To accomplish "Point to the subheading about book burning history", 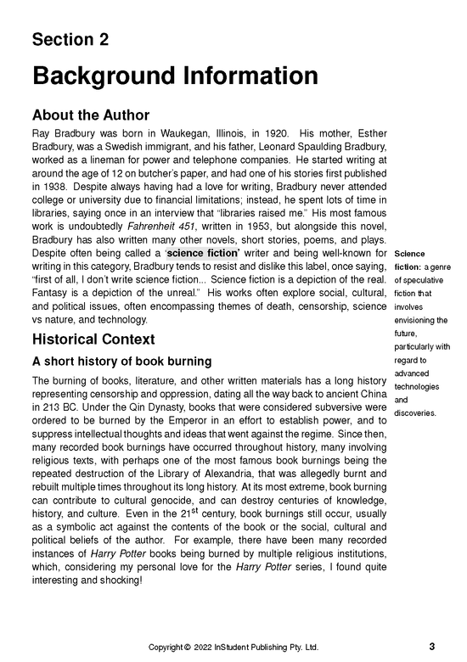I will (x=121, y=362).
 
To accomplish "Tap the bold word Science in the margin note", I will (x=410, y=253).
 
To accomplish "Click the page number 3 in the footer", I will (x=431, y=646).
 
